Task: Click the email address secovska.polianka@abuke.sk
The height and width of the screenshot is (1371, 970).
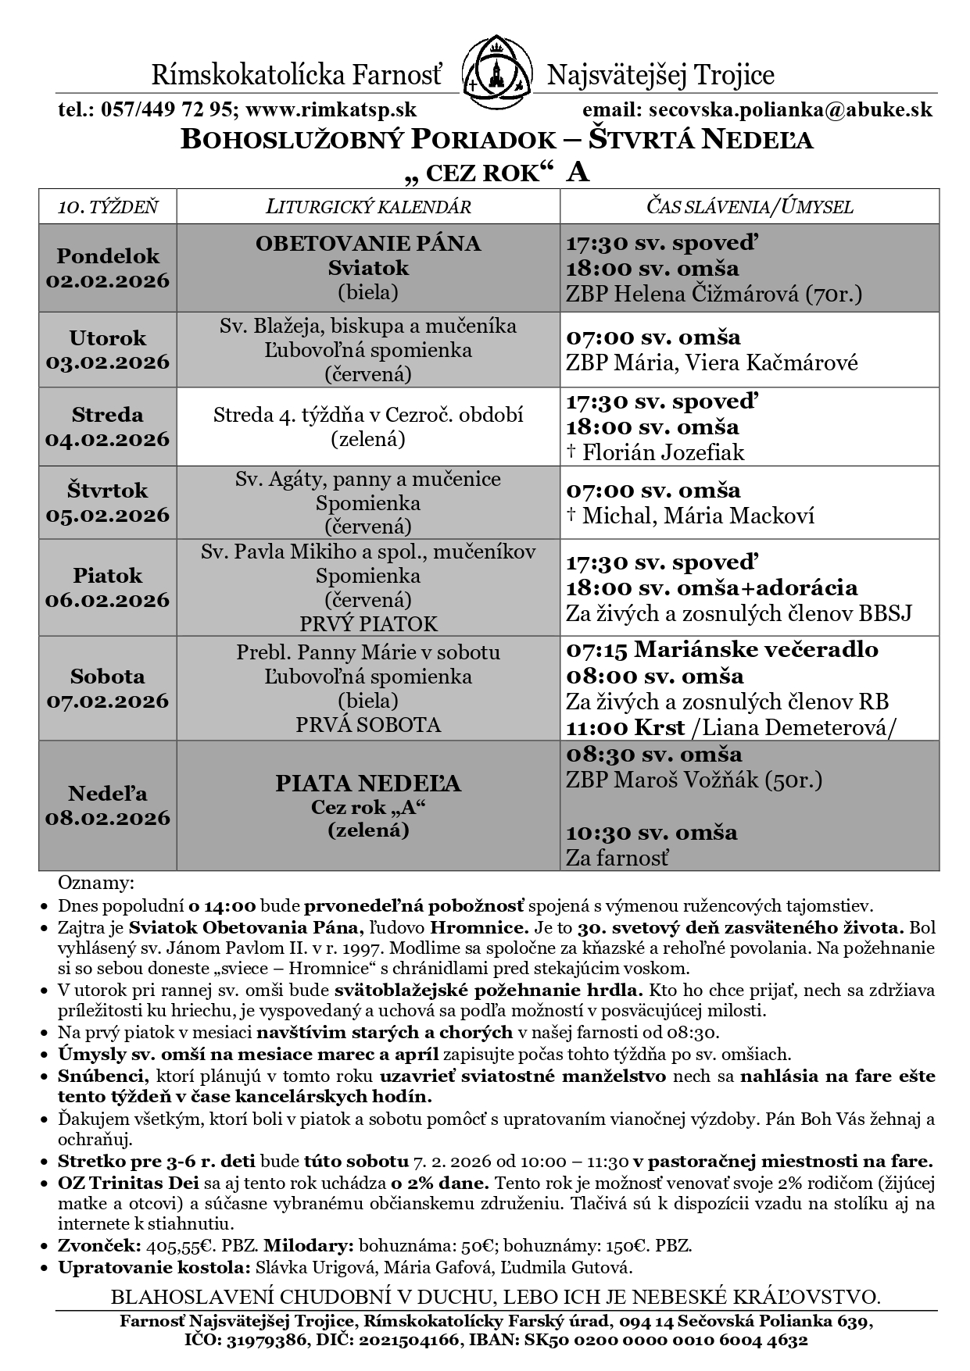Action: (786, 110)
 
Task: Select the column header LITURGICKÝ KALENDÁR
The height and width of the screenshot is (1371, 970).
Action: (368, 207)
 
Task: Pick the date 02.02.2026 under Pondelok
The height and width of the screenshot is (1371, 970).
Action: (108, 281)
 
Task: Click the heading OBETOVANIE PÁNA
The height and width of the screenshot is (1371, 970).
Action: (368, 244)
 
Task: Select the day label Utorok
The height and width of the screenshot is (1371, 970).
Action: (108, 338)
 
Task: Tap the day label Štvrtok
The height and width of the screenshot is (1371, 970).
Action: (108, 491)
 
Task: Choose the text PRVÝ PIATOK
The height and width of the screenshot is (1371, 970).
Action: (368, 624)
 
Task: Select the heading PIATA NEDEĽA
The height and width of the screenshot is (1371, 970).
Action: (368, 784)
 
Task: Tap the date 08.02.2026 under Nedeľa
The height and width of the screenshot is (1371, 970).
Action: (108, 818)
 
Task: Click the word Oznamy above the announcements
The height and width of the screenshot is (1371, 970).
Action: (96, 884)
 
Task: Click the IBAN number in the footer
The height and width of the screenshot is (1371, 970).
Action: (718, 1341)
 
